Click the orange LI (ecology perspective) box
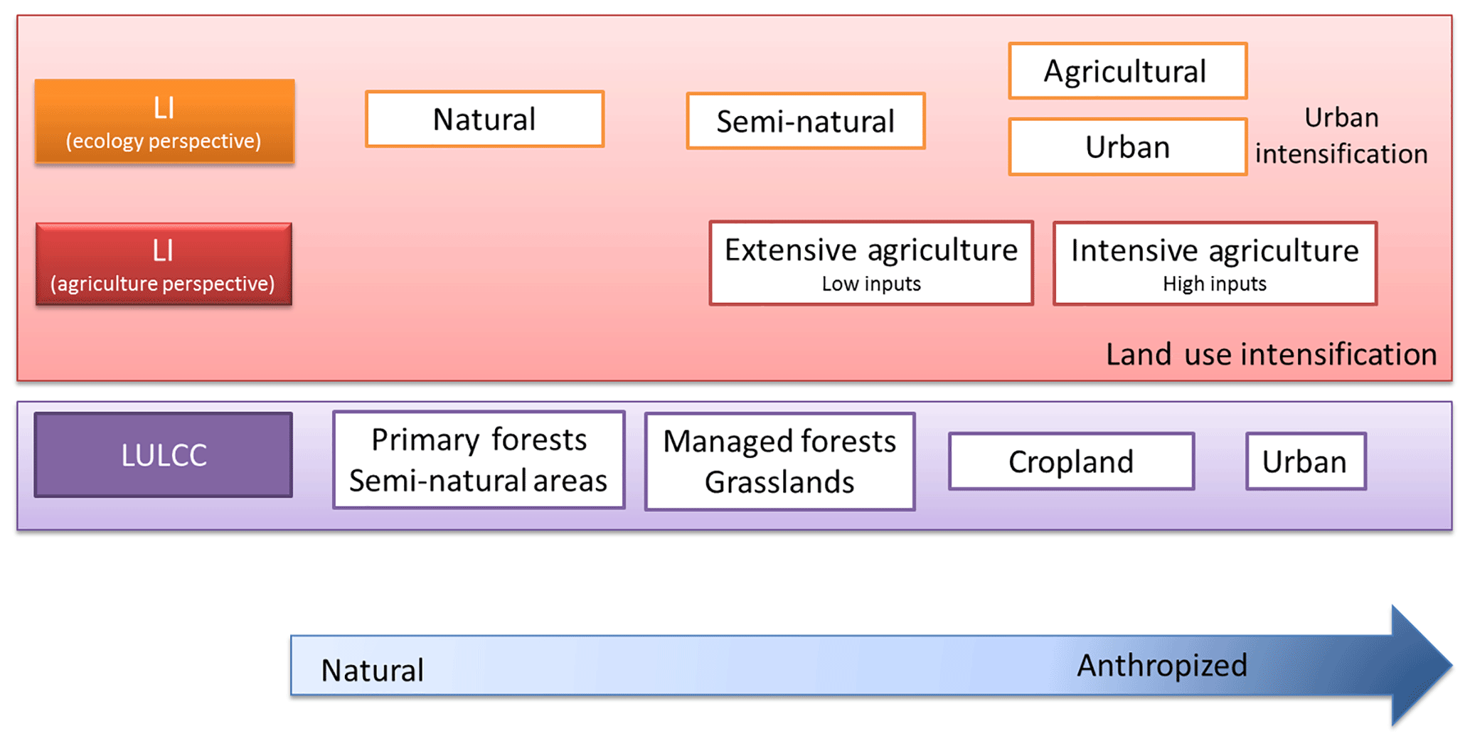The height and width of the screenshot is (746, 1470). (x=164, y=122)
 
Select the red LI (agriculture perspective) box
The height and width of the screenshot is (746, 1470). (x=164, y=265)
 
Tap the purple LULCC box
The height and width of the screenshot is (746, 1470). (x=164, y=454)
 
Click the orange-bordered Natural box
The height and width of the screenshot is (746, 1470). (x=484, y=119)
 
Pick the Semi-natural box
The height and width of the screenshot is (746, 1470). (x=805, y=121)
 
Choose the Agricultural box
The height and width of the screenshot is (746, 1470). (x=1127, y=71)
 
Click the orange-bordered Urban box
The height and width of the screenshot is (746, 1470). (x=1127, y=147)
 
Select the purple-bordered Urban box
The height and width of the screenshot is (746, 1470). (x=1305, y=462)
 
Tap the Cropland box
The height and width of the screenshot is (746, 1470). (x=1071, y=462)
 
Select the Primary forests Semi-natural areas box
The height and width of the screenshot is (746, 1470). (x=479, y=460)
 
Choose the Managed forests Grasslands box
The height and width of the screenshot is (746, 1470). (x=779, y=462)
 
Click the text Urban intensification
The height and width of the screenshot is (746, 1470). (x=1341, y=136)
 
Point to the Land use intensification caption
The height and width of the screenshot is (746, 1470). (x=1271, y=354)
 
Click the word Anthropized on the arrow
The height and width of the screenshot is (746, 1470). (x=1161, y=666)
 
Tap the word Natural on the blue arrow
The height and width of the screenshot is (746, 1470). (x=372, y=670)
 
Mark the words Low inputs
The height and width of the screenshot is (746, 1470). (x=870, y=284)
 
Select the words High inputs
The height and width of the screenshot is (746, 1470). (x=1214, y=284)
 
